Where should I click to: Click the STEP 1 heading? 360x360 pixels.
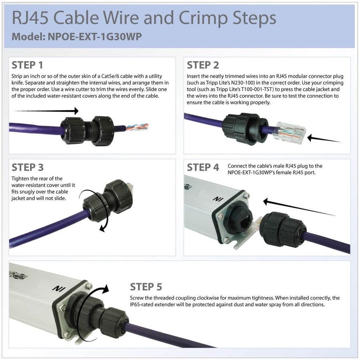tap(27, 65)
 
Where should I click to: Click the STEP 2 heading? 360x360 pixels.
tap(203, 65)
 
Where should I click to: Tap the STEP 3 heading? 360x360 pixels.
tap(28, 167)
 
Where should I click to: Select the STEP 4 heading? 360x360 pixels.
tap(203, 167)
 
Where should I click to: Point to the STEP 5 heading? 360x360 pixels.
tap(146, 287)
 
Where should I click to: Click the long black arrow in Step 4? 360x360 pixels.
tap(298, 208)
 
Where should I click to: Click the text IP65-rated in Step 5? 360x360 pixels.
tap(144, 304)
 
